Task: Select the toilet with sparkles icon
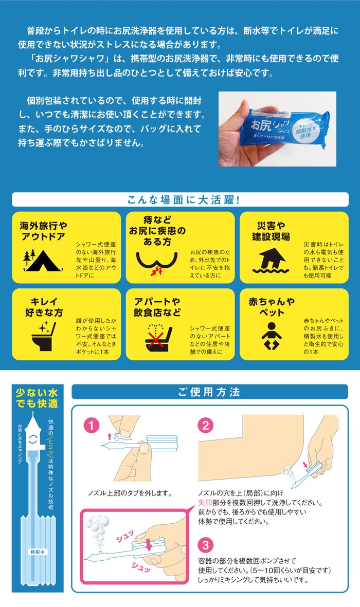pyautogui.click(x=43, y=337)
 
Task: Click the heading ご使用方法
pyautogui.click(x=209, y=392)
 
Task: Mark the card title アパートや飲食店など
pyautogui.click(x=157, y=307)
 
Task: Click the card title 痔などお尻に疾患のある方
pyautogui.click(x=157, y=231)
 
